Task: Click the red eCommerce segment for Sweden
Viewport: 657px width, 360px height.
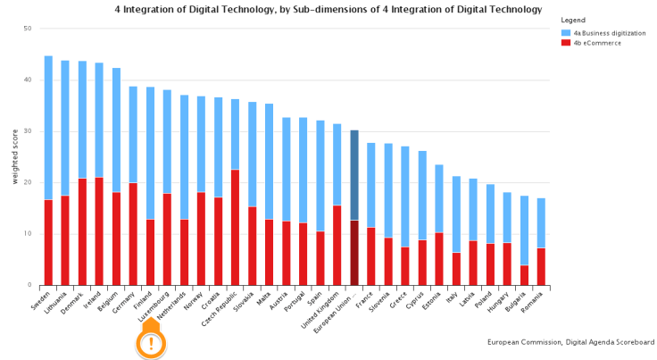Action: [48, 242]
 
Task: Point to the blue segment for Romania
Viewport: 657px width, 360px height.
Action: [541, 223]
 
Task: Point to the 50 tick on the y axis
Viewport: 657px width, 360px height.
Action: [28, 29]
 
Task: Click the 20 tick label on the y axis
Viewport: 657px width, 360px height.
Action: [28, 182]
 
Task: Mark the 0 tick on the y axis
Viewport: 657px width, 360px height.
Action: [29, 285]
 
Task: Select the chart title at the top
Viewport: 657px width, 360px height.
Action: [328, 9]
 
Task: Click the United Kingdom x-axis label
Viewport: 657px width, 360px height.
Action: [322, 306]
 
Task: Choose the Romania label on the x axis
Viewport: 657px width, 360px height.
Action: [532, 301]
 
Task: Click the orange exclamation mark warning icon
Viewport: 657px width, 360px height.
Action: [151, 343]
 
